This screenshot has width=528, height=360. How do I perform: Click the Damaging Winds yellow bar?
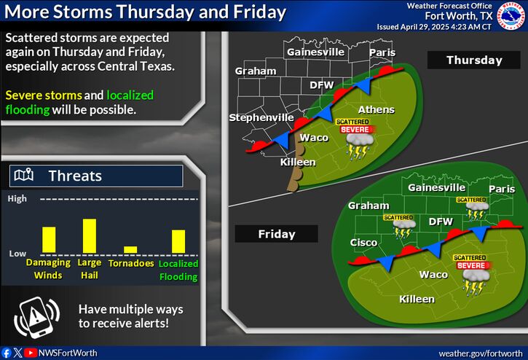[x=49, y=240]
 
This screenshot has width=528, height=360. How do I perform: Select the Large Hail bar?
[x=90, y=236]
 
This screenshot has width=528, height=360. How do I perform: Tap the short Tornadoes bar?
[x=130, y=250]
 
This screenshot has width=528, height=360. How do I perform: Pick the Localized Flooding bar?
[x=178, y=241]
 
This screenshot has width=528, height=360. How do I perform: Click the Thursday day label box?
[x=474, y=60]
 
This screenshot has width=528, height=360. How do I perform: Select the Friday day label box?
[x=277, y=234]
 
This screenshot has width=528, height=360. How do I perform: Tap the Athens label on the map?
[x=376, y=109]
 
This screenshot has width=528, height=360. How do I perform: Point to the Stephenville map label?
[x=261, y=117]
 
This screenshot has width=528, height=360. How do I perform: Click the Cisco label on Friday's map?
[x=363, y=243]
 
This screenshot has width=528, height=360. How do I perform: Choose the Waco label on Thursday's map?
[x=314, y=138]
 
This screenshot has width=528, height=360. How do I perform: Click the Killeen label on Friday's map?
[x=417, y=299]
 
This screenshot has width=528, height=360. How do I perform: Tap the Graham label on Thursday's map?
[x=256, y=71]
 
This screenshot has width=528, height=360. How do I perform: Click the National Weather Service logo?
[x=511, y=16]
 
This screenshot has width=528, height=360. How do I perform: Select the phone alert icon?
[x=36, y=317]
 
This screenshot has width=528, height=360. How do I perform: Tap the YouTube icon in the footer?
[x=31, y=353]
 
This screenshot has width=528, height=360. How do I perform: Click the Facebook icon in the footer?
[x=7, y=353]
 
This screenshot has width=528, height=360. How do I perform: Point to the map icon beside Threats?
[x=23, y=175]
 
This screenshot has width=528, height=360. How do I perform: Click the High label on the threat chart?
[x=17, y=199]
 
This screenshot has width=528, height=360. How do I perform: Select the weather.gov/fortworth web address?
[x=481, y=353]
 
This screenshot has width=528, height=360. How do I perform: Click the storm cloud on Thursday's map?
[x=359, y=146]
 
